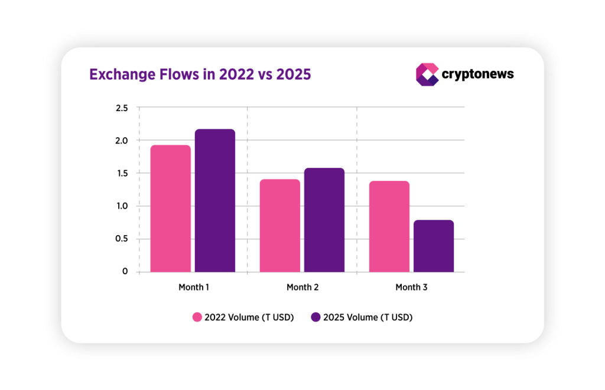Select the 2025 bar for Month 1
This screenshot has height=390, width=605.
(215, 201)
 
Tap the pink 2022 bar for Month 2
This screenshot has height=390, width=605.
(280, 226)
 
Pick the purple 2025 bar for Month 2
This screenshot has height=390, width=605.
(324, 220)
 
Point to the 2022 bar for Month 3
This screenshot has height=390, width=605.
(389, 226)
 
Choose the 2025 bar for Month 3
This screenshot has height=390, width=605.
(434, 246)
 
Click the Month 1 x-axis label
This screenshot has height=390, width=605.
(194, 288)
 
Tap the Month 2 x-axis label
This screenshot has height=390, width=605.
(302, 288)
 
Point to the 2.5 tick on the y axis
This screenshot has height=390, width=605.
(122, 108)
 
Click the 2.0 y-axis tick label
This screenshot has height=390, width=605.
(122, 141)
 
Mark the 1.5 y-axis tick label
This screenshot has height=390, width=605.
(122, 173)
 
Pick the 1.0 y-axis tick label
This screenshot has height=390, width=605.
(122, 206)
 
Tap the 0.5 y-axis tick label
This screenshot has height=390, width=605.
(122, 239)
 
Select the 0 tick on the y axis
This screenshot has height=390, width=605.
(125, 272)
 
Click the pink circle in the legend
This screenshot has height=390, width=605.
(197, 317)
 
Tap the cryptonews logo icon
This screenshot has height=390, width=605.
(427, 74)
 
